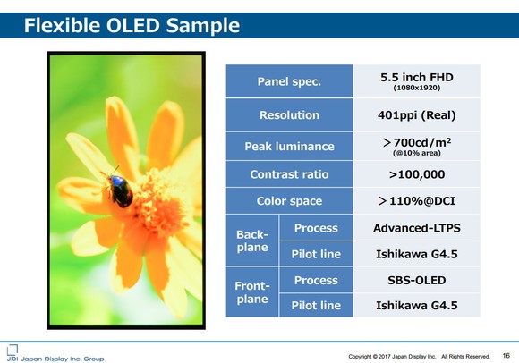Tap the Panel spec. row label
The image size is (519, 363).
click(289, 82)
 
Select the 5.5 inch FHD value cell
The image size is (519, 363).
click(416, 81)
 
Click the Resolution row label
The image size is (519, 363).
click(289, 115)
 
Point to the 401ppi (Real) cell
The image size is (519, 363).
click(416, 115)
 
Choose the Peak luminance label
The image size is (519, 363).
click(289, 147)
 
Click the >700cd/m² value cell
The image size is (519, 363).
click(416, 146)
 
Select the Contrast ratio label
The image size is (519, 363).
click(289, 174)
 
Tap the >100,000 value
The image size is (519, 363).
click(416, 174)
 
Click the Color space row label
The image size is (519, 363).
click(289, 201)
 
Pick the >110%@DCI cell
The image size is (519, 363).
click(416, 201)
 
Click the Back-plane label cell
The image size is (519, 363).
click(252, 241)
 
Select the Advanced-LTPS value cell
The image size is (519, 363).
click(416, 228)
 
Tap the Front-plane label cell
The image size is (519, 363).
click(252, 292)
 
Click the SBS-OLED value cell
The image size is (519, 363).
click(416, 280)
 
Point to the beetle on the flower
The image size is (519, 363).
click(119, 190)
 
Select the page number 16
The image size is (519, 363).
click(506, 355)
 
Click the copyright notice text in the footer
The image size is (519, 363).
click(419, 356)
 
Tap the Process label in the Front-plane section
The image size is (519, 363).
click(316, 280)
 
